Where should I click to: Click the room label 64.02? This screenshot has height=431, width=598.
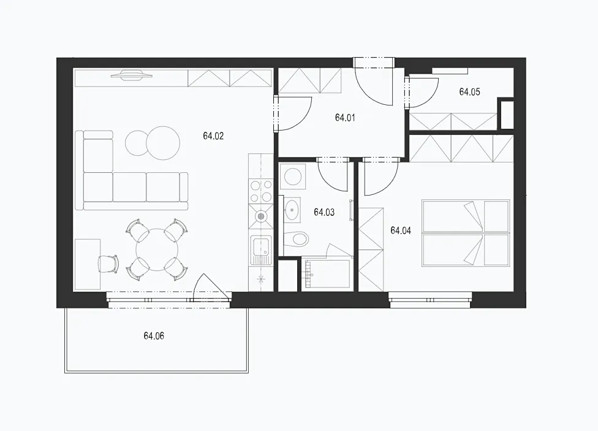point(213,136)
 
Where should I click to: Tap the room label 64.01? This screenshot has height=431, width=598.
point(345,118)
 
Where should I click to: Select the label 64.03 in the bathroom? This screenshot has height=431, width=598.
point(324,212)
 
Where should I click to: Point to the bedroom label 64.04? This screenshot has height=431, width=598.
point(401,231)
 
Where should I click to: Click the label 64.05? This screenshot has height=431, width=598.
point(469,91)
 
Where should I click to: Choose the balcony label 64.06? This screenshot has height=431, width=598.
point(154,336)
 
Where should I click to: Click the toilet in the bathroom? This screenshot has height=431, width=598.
point(297,239)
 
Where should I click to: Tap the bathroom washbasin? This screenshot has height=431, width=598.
point(292,209)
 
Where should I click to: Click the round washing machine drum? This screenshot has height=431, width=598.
point(293,177)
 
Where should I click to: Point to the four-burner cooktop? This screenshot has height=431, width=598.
point(261,191)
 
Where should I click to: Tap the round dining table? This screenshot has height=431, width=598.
point(157,250)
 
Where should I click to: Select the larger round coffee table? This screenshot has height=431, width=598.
point(163,143)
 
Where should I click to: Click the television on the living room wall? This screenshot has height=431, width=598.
point(132,75)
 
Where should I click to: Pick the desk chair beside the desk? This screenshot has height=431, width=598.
point(108,264)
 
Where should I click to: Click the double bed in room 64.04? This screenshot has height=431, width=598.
point(466,233)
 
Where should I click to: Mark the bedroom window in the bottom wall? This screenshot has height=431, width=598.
point(430,300)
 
